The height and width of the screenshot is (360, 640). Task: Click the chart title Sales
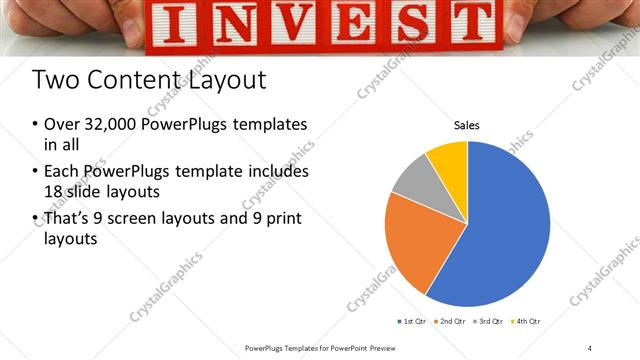[466, 126]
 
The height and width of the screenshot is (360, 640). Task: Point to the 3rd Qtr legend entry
[489, 321]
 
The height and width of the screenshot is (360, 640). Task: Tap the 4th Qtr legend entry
[527, 321]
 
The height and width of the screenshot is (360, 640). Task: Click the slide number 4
[590, 347]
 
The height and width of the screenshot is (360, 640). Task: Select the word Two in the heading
[53, 79]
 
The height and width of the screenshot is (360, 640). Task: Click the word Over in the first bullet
[62, 125]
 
